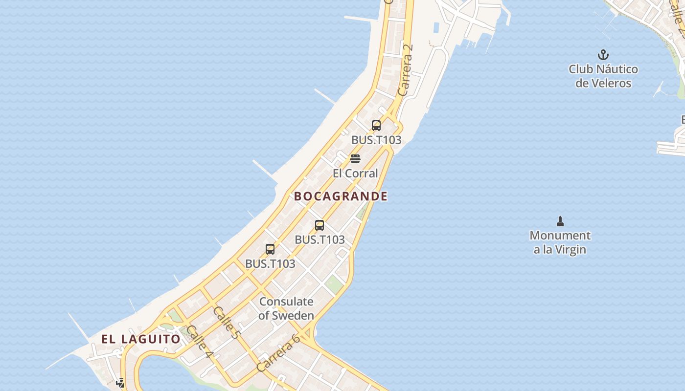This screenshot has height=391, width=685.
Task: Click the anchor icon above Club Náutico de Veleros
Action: [x=603, y=54]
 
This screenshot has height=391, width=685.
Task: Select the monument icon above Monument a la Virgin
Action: [x=560, y=221]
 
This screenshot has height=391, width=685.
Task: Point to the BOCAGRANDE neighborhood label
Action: [x=341, y=196]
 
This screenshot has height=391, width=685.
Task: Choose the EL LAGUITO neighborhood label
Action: [x=141, y=339]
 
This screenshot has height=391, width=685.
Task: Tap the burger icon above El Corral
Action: [x=355, y=159]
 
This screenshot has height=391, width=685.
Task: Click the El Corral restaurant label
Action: [x=355, y=174]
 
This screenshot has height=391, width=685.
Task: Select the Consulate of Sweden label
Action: [x=286, y=308]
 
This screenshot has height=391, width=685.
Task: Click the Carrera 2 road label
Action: [x=406, y=69]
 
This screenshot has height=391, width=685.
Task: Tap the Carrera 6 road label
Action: [x=278, y=353]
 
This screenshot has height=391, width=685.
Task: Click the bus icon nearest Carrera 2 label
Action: [x=376, y=126]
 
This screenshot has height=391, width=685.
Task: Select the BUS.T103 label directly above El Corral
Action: [x=376, y=140]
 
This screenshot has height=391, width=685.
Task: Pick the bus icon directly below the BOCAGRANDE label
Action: [x=320, y=225]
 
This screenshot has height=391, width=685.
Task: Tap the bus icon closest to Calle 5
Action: [x=270, y=249]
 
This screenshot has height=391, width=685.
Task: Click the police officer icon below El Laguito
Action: [x=120, y=383]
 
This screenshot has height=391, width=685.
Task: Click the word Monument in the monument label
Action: [x=560, y=236]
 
